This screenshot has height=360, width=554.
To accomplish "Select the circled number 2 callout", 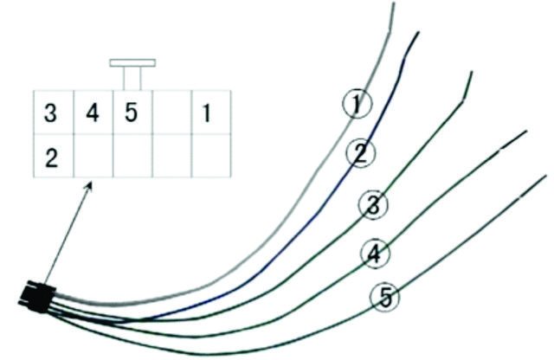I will (x=358, y=155).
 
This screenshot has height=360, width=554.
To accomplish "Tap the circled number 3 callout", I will (x=372, y=206).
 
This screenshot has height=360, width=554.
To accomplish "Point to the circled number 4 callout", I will (x=375, y=254).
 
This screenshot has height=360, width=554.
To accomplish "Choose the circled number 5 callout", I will (x=385, y=298).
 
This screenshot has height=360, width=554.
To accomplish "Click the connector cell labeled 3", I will (x=52, y=113).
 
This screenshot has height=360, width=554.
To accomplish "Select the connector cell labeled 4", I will (x=93, y=113).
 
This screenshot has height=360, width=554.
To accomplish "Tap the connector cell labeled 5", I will (x=131, y=113).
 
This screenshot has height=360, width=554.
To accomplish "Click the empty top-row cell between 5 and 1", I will (x=171, y=113).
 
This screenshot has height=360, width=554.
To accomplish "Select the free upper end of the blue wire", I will (x=419, y=34).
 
